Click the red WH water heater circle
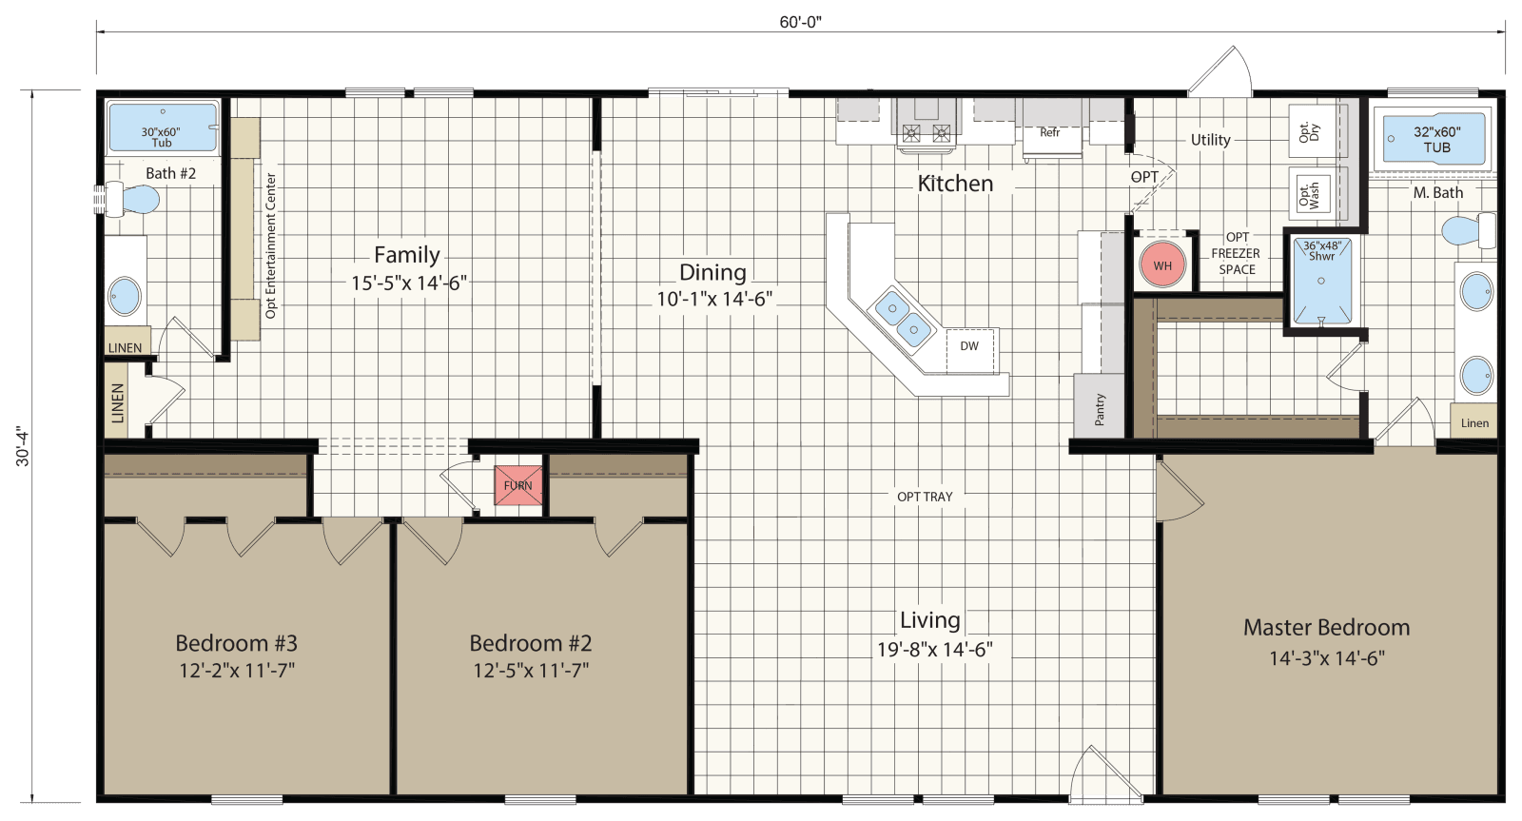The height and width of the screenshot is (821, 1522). coord(1162,265)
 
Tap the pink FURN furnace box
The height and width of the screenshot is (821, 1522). coord(518,485)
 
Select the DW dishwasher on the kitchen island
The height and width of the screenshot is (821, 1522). coord(969,346)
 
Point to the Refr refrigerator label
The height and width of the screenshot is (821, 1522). coord(1049,133)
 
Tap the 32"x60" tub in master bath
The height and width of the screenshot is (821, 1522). coord(1435,139)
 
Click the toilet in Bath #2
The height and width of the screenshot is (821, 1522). coord(136,200)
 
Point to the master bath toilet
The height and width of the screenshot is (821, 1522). coord(1465,230)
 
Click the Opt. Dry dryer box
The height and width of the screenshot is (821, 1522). coord(1310,132)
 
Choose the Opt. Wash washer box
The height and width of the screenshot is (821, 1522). coord(1310,195)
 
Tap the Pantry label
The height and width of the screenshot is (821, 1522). coord(1101,409)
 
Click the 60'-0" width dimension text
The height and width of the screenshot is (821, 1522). coord(800,22)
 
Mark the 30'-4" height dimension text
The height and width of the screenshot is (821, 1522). coord(22,446)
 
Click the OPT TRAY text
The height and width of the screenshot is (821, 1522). coord(924,497)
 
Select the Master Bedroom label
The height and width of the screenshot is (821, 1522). coord(1326,628)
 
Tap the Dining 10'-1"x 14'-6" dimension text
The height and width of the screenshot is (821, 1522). coord(713,299)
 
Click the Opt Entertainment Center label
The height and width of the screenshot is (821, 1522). coord(271,244)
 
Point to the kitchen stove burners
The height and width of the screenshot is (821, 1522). coord(926,132)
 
